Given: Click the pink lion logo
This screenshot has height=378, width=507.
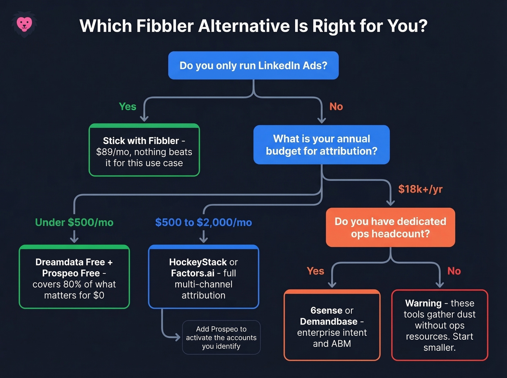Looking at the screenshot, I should [x=24, y=25].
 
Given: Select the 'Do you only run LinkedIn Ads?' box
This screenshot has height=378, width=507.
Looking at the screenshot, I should [x=253, y=65].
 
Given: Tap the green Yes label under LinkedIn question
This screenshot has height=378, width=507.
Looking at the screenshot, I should [x=127, y=106].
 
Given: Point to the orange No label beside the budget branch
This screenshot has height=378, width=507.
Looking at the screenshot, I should [x=336, y=106].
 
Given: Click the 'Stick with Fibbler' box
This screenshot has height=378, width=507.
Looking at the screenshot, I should [x=144, y=150].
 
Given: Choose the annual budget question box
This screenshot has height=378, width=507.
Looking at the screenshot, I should [x=322, y=145].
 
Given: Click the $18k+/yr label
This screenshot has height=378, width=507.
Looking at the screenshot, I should [x=420, y=189].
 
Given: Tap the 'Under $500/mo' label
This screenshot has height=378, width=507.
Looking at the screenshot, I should [x=74, y=222].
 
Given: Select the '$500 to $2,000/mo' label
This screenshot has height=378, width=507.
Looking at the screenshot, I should [x=204, y=222].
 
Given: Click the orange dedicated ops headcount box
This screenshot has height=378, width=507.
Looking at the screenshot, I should [x=390, y=227].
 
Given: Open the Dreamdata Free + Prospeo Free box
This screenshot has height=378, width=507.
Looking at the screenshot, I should [x=74, y=277].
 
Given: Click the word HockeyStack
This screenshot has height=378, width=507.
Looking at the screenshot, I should [x=198, y=262].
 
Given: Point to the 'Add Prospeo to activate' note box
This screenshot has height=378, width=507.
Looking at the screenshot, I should [x=221, y=337].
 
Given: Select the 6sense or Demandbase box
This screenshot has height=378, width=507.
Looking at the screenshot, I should [x=332, y=325].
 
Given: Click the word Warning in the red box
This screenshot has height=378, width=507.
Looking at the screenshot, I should [x=423, y=303].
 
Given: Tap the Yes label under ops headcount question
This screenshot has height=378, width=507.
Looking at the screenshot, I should [x=315, y=271].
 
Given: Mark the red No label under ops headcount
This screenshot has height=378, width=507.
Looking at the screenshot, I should [x=454, y=271].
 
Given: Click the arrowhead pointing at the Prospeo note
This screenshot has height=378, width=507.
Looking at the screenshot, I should [x=177, y=337].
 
